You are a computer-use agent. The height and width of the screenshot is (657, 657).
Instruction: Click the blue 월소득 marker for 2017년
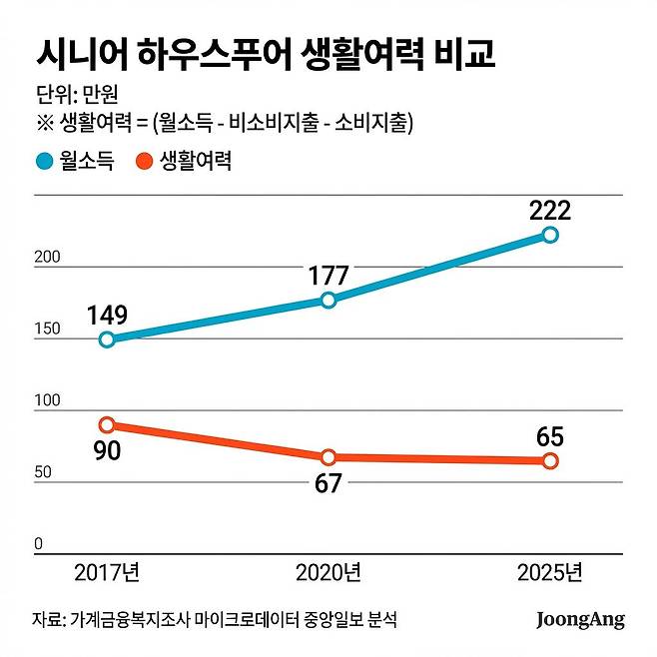[x=108, y=339]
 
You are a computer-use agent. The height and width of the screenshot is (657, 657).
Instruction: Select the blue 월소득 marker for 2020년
[x=328, y=300]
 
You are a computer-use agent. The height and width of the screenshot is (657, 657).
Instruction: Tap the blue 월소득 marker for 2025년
[x=550, y=235]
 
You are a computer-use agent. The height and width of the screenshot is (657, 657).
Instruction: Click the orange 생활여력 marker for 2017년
[x=108, y=424]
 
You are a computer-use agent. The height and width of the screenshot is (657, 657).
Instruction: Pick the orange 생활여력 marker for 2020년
[x=328, y=457]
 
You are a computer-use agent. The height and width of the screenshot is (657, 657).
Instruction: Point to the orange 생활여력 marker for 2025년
[x=550, y=460]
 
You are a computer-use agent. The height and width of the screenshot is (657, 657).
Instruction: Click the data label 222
[x=549, y=211]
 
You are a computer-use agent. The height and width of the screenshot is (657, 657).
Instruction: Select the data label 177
[x=328, y=276]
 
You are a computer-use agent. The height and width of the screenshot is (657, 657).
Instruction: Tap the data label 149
[x=107, y=316]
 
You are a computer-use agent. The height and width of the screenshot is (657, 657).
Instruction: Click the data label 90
[x=107, y=450]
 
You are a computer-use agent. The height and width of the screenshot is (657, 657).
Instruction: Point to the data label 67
[x=328, y=483]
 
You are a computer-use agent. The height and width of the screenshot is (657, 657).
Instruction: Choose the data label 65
[x=550, y=436]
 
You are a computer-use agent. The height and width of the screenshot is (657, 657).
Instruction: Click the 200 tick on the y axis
[x=48, y=258]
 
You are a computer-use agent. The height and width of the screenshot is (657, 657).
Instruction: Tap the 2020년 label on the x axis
[x=328, y=573]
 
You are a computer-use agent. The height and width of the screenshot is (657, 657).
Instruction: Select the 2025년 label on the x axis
[x=550, y=573]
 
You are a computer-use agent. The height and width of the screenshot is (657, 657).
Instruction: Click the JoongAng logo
[x=580, y=620]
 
